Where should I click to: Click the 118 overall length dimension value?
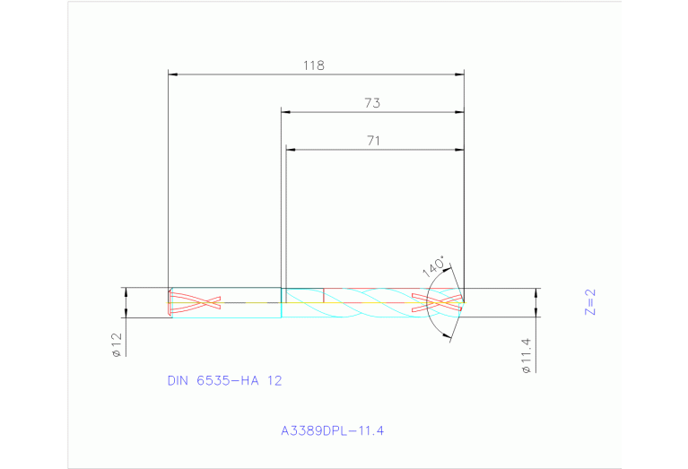[x=313, y=65]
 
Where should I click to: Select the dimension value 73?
[x=372, y=103]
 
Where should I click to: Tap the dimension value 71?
[x=374, y=140]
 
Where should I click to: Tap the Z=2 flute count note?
[x=589, y=302]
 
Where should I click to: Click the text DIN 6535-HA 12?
[x=224, y=380]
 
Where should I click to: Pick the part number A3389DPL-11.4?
[x=332, y=431]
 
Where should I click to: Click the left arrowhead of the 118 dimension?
[x=174, y=74]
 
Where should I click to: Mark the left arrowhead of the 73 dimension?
[x=287, y=112]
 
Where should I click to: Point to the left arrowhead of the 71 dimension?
[x=291, y=148]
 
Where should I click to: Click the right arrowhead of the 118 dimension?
[x=459, y=74]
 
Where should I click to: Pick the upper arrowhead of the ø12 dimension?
[x=126, y=291]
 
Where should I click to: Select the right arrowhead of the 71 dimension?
[x=459, y=148]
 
